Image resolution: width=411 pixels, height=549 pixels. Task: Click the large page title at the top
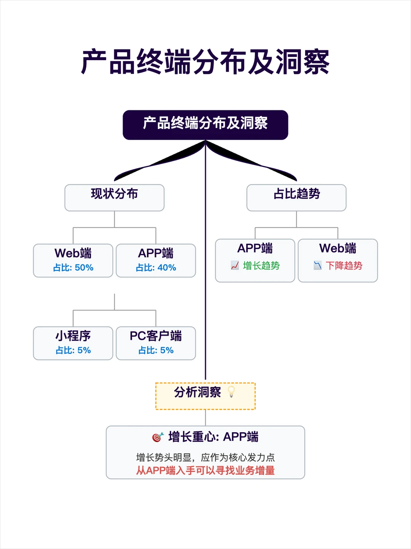pyautogui.click(x=205, y=62)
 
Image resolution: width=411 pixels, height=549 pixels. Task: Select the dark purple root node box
pyautogui.click(x=205, y=124)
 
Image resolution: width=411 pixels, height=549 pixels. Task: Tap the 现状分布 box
pyautogui.click(x=115, y=197)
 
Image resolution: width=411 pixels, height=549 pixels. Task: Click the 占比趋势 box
pyautogui.click(x=296, y=197)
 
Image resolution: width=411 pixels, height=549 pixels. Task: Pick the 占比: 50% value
pyautogui.click(x=73, y=268)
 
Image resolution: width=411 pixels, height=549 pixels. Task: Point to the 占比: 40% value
pyautogui.click(x=156, y=268)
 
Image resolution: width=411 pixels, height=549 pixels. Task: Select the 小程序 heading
pyautogui.click(x=73, y=336)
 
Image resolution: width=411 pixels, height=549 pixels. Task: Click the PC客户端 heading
pyautogui.click(x=156, y=336)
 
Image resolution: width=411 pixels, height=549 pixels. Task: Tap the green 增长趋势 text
pyautogui.click(x=261, y=266)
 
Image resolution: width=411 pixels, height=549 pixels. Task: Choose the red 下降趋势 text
pyautogui.click(x=344, y=266)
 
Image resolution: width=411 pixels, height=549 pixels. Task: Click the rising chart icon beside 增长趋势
pyautogui.click(x=235, y=266)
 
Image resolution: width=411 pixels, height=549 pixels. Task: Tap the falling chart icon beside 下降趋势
pyautogui.click(x=317, y=266)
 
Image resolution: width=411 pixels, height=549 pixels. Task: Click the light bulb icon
pyautogui.click(x=231, y=392)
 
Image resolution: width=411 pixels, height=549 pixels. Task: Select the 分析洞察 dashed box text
pyautogui.click(x=198, y=392)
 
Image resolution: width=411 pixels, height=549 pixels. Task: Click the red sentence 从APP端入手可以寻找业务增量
pyautogui.click(x=205, y=471)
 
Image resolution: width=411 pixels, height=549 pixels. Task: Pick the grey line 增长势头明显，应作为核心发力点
pyautogui.click(x=205, y=457)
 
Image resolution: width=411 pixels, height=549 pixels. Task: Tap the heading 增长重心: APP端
pyautogui.click(x=213, y=437)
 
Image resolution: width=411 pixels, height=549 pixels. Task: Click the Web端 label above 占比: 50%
pyautogui.click(x=73, y=253)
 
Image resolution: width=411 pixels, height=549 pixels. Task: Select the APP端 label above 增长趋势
pyautogui.click(x=255, y=248)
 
